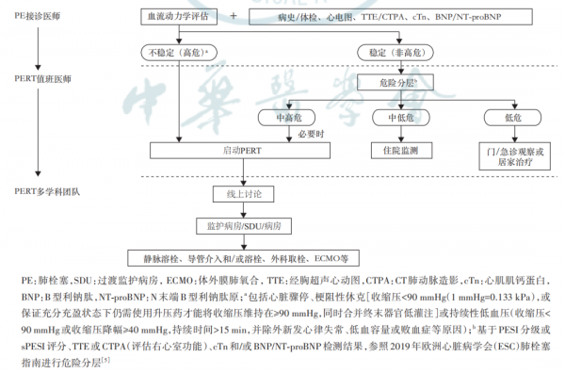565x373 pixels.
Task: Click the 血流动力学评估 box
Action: (173, 17)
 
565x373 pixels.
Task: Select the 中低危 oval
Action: (394, 116)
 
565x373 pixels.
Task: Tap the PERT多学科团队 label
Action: (44, 190)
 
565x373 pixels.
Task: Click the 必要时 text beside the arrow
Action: (310, 133)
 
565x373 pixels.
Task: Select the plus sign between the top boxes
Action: (234, 17)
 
